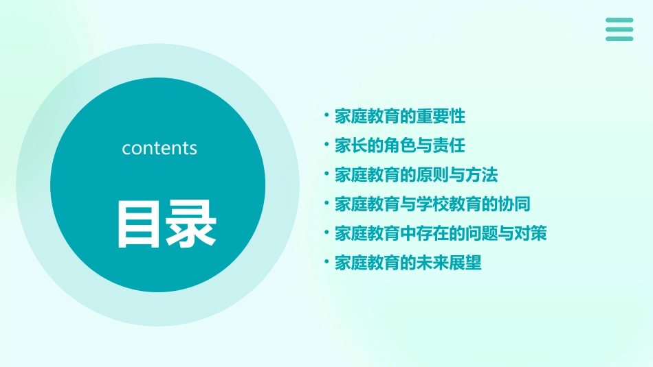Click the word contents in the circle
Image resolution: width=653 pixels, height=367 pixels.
[159, 148]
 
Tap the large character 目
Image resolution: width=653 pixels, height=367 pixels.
[141, 224]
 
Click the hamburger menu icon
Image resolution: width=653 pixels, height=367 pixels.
[619, 29]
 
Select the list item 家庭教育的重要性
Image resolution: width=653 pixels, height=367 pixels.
[400, 117]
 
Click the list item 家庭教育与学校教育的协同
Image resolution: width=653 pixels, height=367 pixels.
[432, 204]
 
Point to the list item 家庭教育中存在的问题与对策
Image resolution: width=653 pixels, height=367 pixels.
[441, 233]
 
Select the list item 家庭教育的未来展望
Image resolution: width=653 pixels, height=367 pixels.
[408, 263]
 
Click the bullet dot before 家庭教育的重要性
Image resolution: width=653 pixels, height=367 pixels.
[327, 116]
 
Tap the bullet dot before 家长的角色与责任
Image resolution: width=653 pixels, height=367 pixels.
[327, 145]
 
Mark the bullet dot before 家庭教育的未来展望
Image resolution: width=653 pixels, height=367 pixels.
[327, 262]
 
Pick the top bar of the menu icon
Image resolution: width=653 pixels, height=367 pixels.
[619, 21]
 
